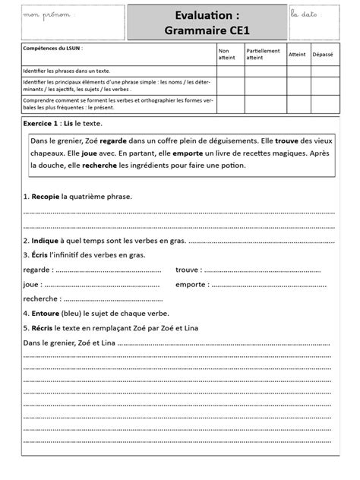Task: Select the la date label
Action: (306, 14)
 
